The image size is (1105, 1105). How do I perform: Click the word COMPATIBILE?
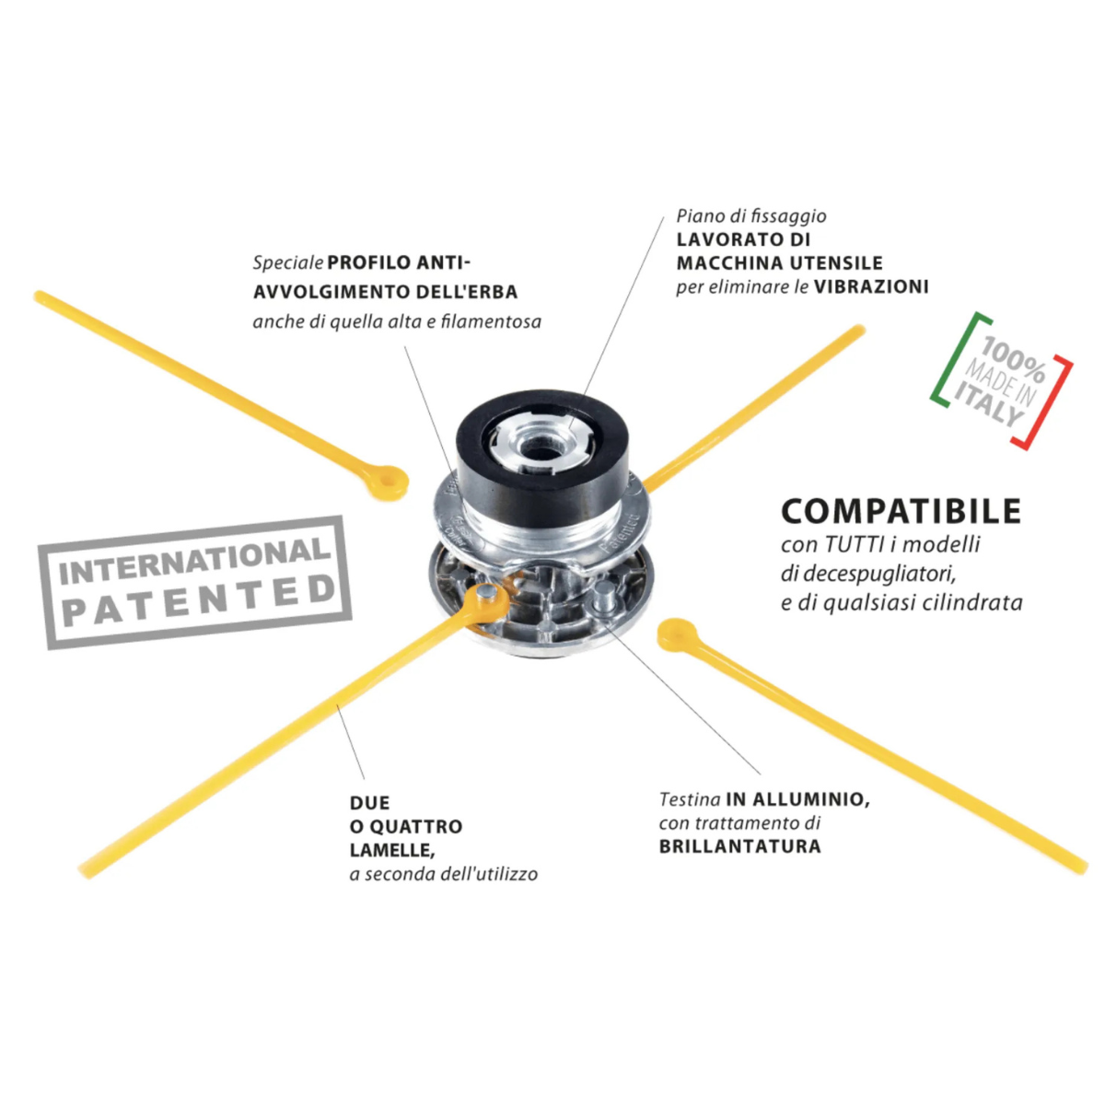901,511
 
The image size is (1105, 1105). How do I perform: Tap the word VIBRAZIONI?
871,286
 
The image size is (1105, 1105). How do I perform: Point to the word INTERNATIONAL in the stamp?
195,563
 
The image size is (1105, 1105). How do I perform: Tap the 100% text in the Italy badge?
1013,359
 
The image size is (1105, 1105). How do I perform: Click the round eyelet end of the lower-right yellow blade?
675,634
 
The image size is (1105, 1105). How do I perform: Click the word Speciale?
288,264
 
